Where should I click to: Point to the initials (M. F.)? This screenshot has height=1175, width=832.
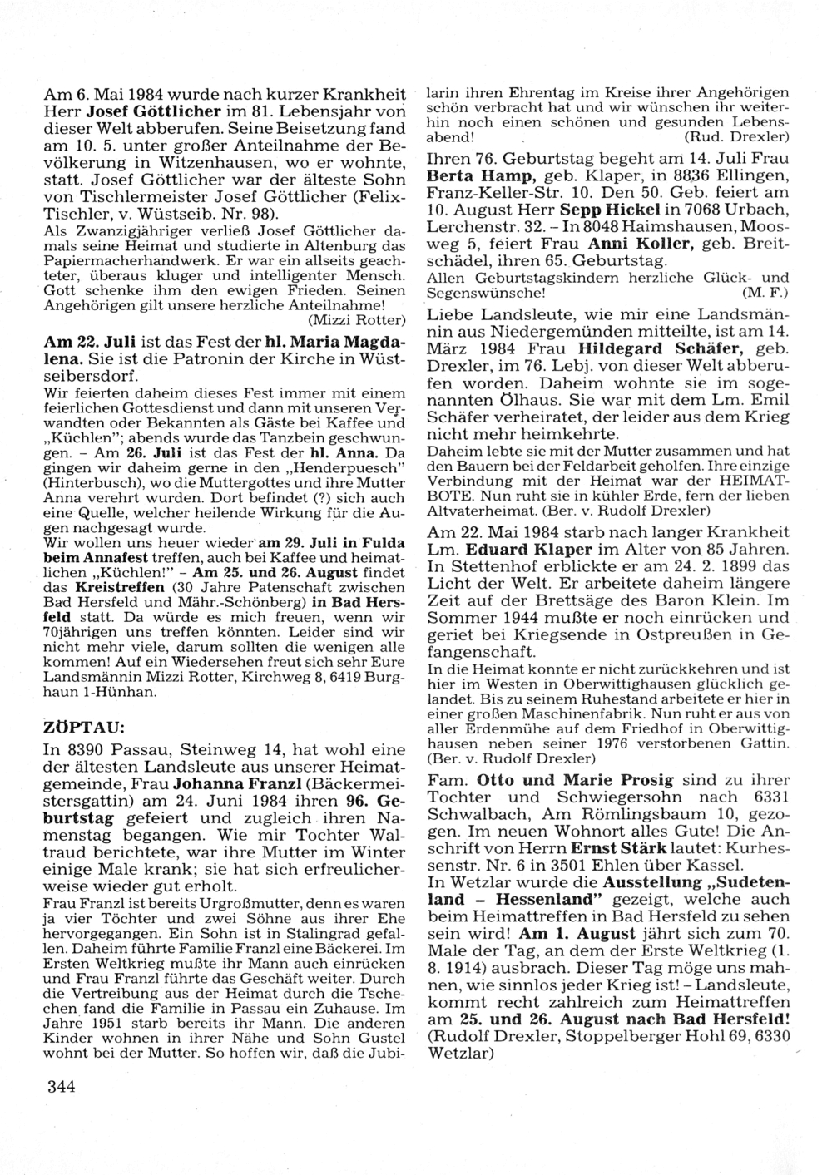pyautogui.click(x=764, y=294)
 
